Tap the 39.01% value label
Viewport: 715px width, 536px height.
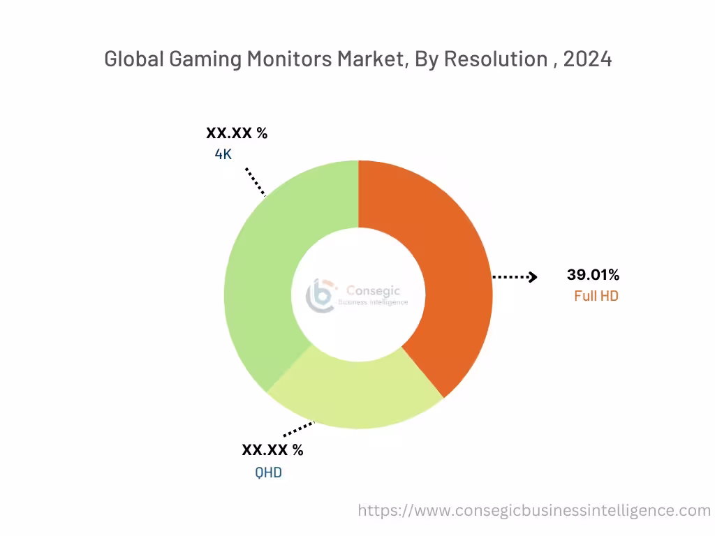pos(593,275)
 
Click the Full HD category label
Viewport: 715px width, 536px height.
pos(596,296)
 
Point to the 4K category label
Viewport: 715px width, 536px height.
pos(223,154)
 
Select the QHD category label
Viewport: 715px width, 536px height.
pos(268,472)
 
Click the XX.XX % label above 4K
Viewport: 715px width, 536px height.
pos(236,133)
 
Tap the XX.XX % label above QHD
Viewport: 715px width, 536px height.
pos(272,450)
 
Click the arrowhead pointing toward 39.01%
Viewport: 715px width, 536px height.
pos(533,277)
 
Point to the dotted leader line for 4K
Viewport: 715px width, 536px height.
pos(256,181)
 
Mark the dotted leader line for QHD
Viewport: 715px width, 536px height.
pos(299,429)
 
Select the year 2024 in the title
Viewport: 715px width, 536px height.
pos(587,59)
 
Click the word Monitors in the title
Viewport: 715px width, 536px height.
pos(290,59)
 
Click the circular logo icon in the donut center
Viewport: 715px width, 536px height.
pos(321,296)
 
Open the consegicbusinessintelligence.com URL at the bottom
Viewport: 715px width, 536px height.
pos(534,510)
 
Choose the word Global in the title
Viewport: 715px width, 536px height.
pos(134,59)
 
